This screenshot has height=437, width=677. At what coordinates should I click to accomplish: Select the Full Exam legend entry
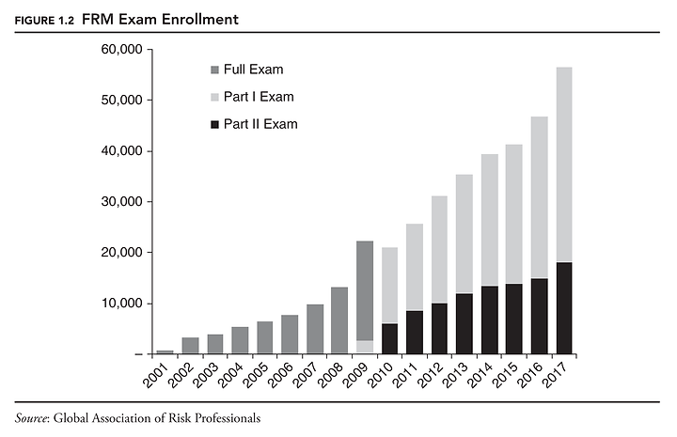253,70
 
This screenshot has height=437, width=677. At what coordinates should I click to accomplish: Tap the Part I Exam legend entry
259,97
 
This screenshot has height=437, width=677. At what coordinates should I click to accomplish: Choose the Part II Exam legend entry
260,124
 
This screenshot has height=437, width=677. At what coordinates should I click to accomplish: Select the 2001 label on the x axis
162,374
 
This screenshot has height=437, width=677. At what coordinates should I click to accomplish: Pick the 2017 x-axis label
562,374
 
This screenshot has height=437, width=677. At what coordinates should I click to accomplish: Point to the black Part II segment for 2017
564,308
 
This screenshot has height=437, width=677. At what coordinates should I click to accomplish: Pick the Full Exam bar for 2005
264,337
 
